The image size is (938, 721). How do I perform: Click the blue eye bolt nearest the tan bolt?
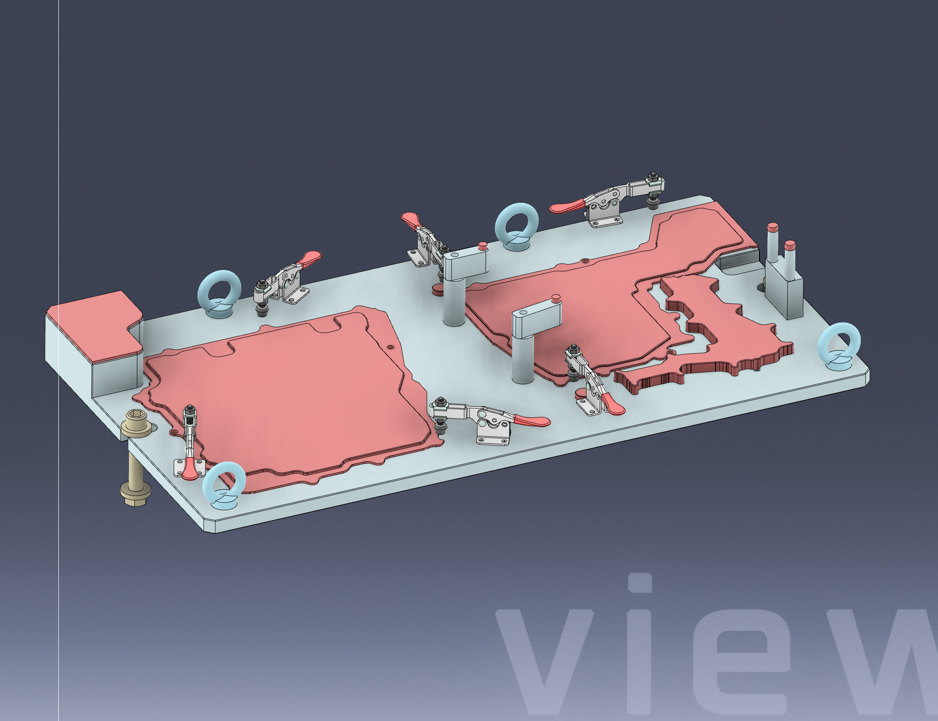click(224, 484)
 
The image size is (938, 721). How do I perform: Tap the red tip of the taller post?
click(773, 228)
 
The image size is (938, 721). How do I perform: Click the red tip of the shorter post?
click(790, 245)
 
